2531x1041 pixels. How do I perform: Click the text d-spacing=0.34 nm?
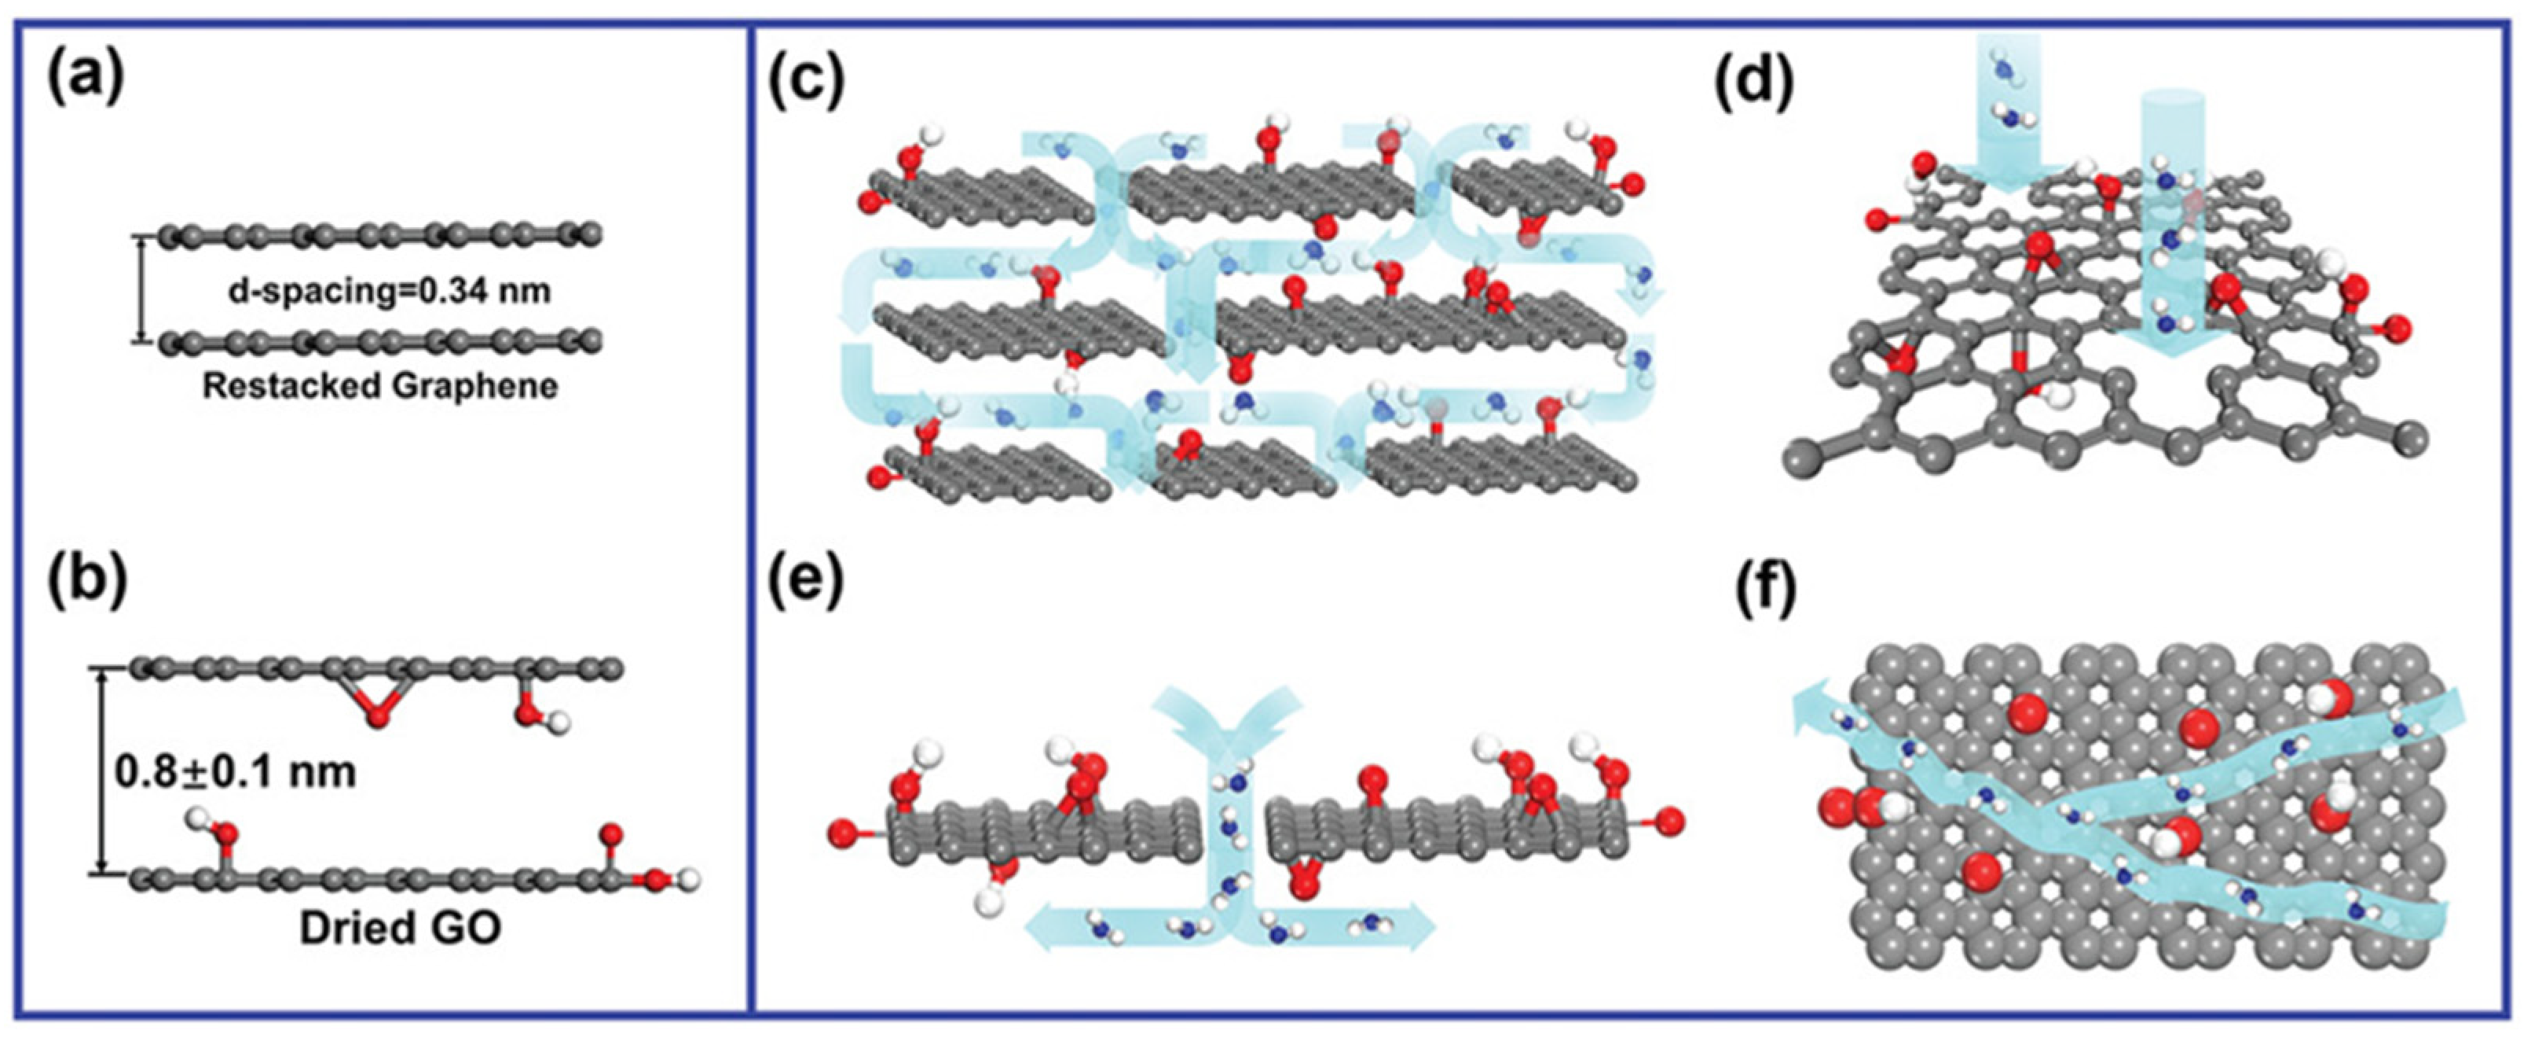pyautogui.click(x=389, y=292)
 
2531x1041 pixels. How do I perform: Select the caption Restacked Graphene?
pyautogui.click(x=380, y=386)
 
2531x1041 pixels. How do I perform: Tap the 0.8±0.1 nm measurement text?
pyautogui.click(x=236, y=771)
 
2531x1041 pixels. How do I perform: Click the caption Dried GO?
pyautogui.click(x=400, y=927)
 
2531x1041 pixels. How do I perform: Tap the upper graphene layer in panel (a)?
pyautogui.click(x=381, y=236)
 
